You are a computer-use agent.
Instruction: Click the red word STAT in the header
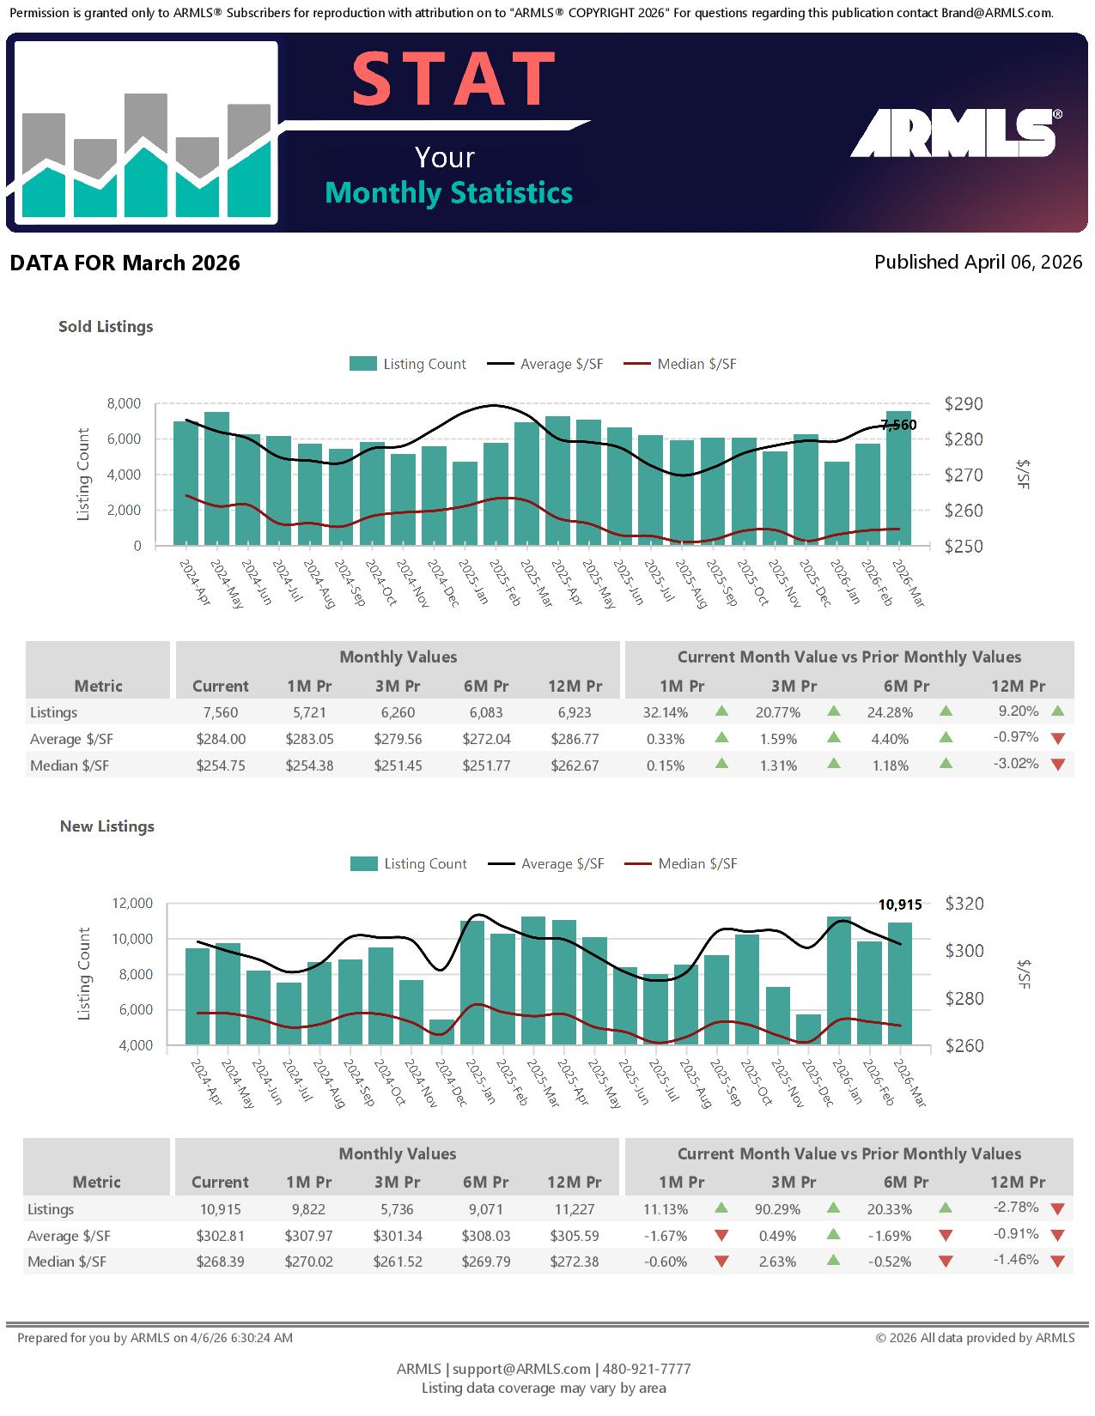coord(453,79)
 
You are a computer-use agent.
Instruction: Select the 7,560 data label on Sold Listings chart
coord(898,425)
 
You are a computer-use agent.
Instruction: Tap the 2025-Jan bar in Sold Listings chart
coord(465,503)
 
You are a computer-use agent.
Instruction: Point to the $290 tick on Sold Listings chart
coord(963,404)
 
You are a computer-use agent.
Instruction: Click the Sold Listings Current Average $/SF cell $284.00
coord(221,739)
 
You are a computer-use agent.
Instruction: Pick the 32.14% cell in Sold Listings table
coord(666,712)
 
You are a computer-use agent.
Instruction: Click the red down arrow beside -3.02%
coord(1058,765)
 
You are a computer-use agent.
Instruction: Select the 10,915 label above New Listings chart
coord(900,905)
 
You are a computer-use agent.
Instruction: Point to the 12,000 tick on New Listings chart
coord(132,903)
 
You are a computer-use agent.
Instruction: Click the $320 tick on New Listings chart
coord(964,904)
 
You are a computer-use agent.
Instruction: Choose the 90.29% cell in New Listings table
coord(777,1209)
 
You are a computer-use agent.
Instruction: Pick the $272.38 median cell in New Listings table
coord(574,1262)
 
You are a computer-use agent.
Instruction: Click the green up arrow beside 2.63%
coord(833,1261)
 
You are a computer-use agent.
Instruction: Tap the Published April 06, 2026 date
coord(977,262)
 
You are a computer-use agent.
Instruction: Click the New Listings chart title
coord(107,826)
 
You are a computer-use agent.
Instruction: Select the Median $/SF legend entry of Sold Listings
coord(679,364)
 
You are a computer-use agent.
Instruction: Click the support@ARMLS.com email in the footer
coord(521,1369)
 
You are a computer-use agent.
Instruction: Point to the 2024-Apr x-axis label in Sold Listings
coord(195,582)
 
